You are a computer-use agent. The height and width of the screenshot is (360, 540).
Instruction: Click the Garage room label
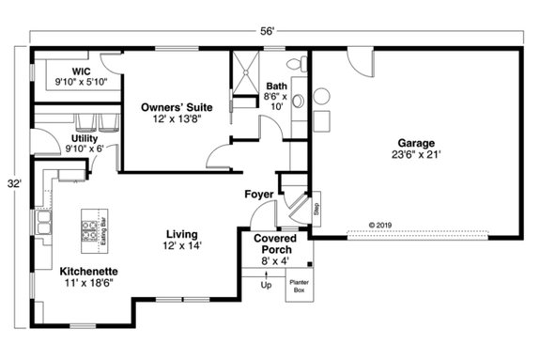coord(413,142)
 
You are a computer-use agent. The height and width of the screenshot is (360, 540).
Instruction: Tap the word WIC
coord(81,70)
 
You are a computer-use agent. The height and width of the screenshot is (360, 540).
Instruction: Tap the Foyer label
coord(259,195)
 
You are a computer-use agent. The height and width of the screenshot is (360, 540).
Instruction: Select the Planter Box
coord(301,286)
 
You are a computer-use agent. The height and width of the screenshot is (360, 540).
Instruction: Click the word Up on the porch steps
coord(266,285)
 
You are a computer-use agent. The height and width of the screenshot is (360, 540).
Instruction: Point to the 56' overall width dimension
coord(269,31)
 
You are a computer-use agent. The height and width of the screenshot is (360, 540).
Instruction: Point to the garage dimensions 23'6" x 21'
coord(413,154)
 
